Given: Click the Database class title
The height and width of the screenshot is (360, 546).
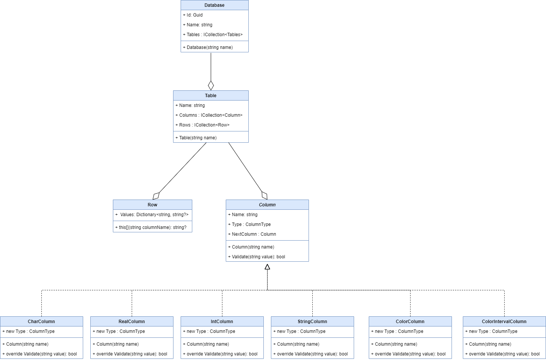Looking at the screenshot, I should point(214,5).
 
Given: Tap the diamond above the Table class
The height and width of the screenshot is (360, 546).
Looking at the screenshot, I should point(211,85).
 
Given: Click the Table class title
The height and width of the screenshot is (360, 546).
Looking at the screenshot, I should point(211,96).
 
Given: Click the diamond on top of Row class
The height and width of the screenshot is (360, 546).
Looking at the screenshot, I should point(156,196).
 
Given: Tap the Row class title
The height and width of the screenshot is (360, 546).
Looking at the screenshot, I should point(152,205).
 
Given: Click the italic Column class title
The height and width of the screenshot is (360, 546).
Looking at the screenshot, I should point(267,205).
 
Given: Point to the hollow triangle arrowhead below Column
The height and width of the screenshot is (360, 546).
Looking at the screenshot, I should point(267,267).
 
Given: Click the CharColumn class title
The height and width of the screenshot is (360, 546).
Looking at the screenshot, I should point(41,322).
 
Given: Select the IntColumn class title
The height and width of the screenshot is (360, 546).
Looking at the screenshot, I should point(222,322).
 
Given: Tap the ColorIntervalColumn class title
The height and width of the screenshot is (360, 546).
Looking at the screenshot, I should point(504,322).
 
